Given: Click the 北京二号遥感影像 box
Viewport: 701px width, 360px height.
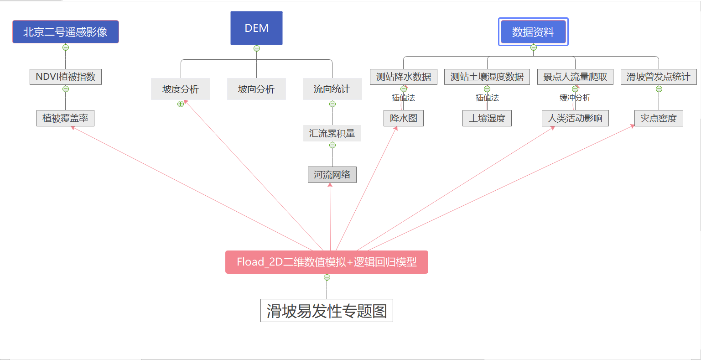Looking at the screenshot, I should (66, 32).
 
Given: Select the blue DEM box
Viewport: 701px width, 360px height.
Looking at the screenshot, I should (256, 28).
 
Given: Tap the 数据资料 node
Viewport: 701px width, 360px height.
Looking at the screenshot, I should (533, 32).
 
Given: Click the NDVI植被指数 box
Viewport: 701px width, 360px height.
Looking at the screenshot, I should (66, 77).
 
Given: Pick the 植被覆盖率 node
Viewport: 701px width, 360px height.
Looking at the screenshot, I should (65, 118).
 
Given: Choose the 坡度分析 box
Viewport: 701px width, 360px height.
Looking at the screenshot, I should (181, 89).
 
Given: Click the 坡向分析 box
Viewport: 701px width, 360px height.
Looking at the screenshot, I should (256, 89).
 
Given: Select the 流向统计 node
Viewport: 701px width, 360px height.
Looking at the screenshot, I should (332, 89).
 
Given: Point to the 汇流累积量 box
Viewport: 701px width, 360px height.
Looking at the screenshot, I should (332, 133).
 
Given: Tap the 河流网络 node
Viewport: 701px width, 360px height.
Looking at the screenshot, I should (332, 175).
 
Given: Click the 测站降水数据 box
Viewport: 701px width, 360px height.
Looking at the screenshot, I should (404, 77).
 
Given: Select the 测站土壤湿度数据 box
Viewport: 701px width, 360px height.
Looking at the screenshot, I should (487, 77).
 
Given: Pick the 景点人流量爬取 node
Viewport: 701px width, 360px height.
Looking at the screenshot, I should (575, 77).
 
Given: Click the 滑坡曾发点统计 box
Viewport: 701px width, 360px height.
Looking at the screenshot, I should (659, 77).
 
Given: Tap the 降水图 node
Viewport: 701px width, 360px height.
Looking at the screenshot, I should (404, 118).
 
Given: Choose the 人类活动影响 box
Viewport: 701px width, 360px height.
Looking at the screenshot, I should (575, 118).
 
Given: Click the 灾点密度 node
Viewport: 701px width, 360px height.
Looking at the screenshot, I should (659, 118).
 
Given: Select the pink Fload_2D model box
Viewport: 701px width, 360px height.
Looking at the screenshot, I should (327, 262).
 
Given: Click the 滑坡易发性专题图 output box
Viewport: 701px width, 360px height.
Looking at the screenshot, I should (327, 311).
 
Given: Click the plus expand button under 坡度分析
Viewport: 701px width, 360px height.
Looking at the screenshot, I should (181, 104).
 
